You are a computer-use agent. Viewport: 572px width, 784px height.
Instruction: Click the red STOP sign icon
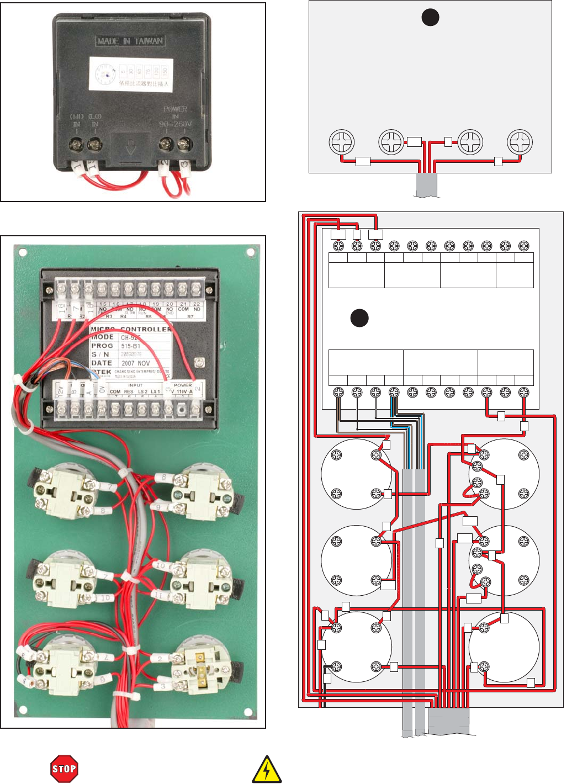[x=63, y=769]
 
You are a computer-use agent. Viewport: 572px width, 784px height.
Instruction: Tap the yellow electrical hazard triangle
[x=267, y=770]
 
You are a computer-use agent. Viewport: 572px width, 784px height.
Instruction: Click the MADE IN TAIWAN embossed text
[x=130, y=41]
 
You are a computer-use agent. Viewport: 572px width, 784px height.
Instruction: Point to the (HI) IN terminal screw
[x=76, y=145]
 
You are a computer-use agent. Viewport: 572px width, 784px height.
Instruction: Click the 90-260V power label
[x=176, y=124]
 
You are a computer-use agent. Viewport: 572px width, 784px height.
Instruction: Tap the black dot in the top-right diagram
[x=430, y=18]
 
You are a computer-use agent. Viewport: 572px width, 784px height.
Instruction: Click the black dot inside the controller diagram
[x=359, y=318]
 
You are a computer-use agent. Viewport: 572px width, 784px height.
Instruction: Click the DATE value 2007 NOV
[x=136, y=363]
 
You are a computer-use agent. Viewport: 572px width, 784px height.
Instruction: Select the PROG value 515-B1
[x=131, y=346]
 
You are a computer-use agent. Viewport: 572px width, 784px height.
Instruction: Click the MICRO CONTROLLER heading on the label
[x=131, y=329]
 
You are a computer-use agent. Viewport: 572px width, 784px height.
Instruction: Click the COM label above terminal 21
[x=183, y=309]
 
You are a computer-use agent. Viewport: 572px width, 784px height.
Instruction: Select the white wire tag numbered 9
[x=158, y=507]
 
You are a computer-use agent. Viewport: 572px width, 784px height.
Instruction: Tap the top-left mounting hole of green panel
[x=23, y=252]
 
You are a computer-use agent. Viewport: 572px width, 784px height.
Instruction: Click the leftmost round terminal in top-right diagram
[x=341, y=142]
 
